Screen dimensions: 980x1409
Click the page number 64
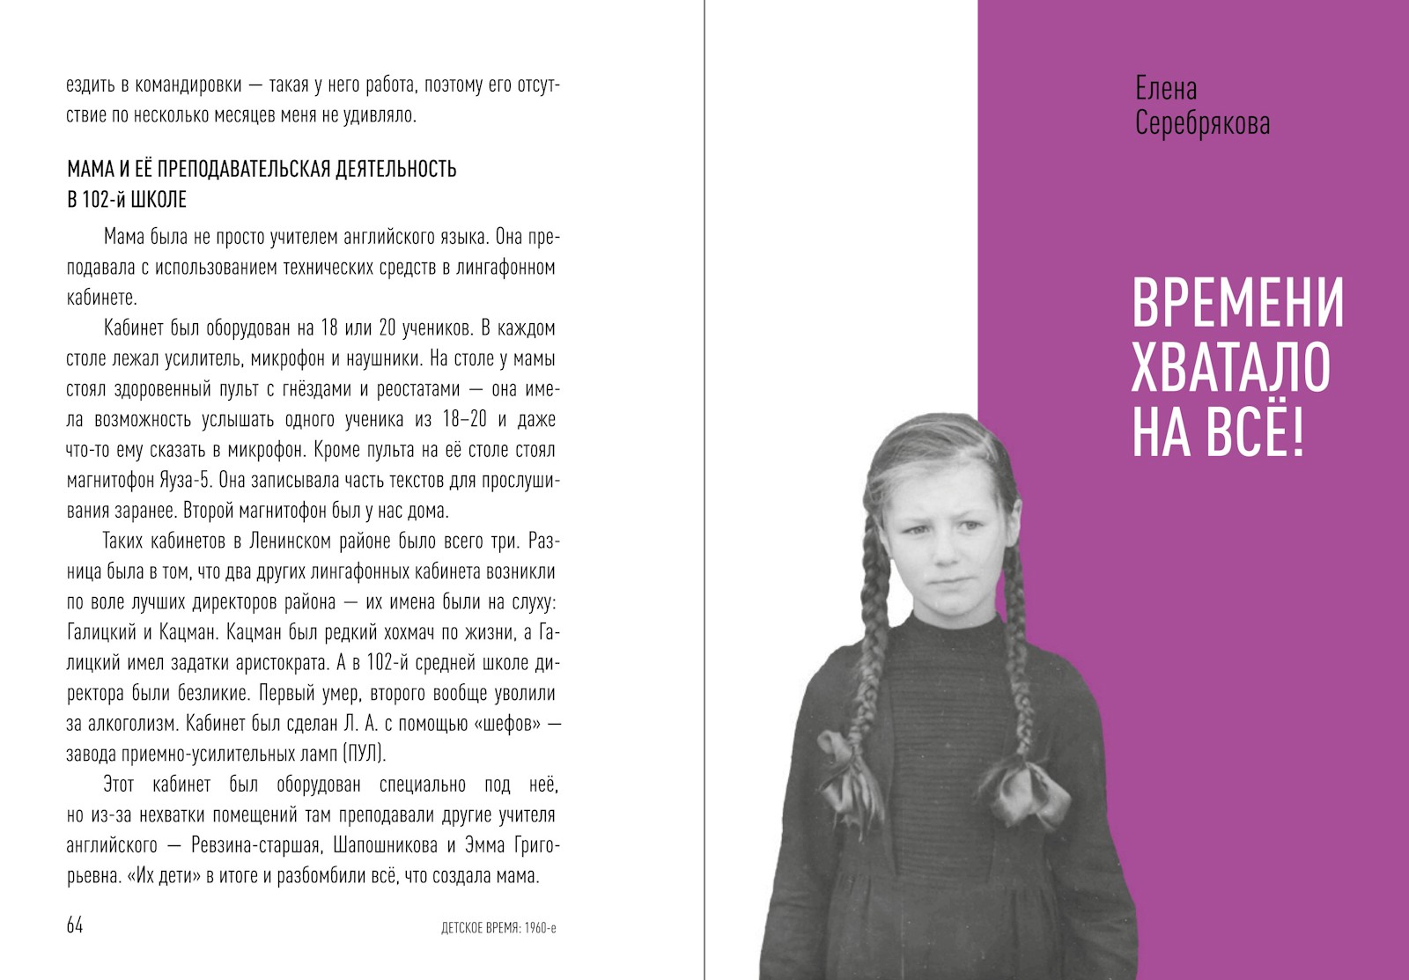pyautogui.click(x=75, y=925)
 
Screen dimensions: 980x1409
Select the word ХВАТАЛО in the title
pyautogui.click(x=1230, y=368)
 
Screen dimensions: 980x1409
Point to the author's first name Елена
pyautogui.click(x=1166, y=89)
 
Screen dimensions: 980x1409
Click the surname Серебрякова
pyautogui.click(x=1202, y=123)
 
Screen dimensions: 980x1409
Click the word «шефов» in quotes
pyautogui.click(x=498, y=724)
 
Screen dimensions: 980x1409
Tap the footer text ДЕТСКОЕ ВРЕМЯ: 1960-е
pyautogui.click(x=498, y=928)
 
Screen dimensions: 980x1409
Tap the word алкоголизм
pyautogui.click(x=136, y=724)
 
